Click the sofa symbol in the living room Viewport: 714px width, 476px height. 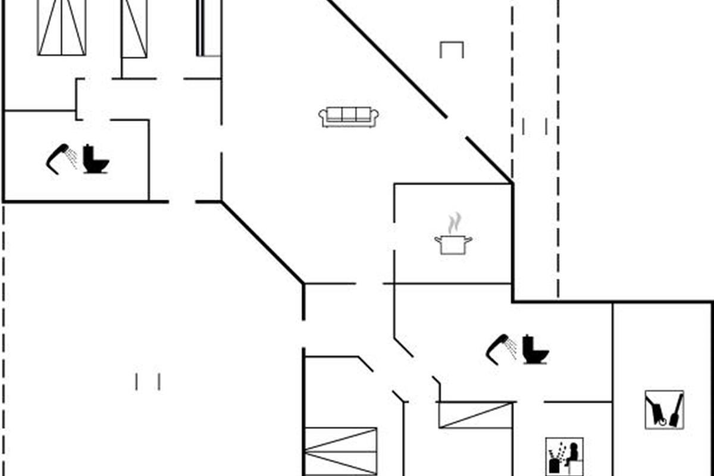(349, 117)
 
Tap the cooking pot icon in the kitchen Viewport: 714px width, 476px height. (453, 244)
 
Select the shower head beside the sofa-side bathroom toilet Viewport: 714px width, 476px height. (58, 158)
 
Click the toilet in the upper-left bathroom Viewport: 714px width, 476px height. (95, 159)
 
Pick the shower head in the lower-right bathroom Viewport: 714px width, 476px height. (498, 347)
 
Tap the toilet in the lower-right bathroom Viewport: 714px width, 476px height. (535, 350)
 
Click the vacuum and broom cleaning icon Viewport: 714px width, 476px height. (664, 409)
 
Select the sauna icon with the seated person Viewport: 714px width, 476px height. (564, 457)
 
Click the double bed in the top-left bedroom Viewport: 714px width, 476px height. (62, 27)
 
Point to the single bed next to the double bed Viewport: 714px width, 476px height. (134, 29)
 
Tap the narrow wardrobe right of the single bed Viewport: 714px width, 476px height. (208, 29)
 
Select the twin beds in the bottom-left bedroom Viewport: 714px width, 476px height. (341, 451)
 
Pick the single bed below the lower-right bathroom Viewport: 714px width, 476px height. (476, 415)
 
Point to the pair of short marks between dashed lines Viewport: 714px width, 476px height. (534, 126)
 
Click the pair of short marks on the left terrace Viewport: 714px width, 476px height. (148, 381)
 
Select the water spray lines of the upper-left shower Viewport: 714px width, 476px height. (72, 157)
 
